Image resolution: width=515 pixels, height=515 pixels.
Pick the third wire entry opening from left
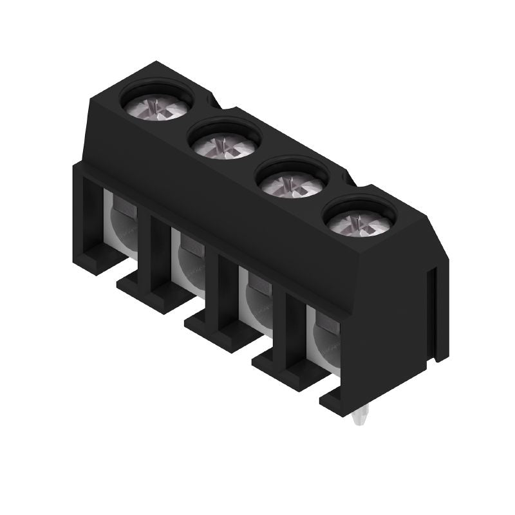[256, 297]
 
